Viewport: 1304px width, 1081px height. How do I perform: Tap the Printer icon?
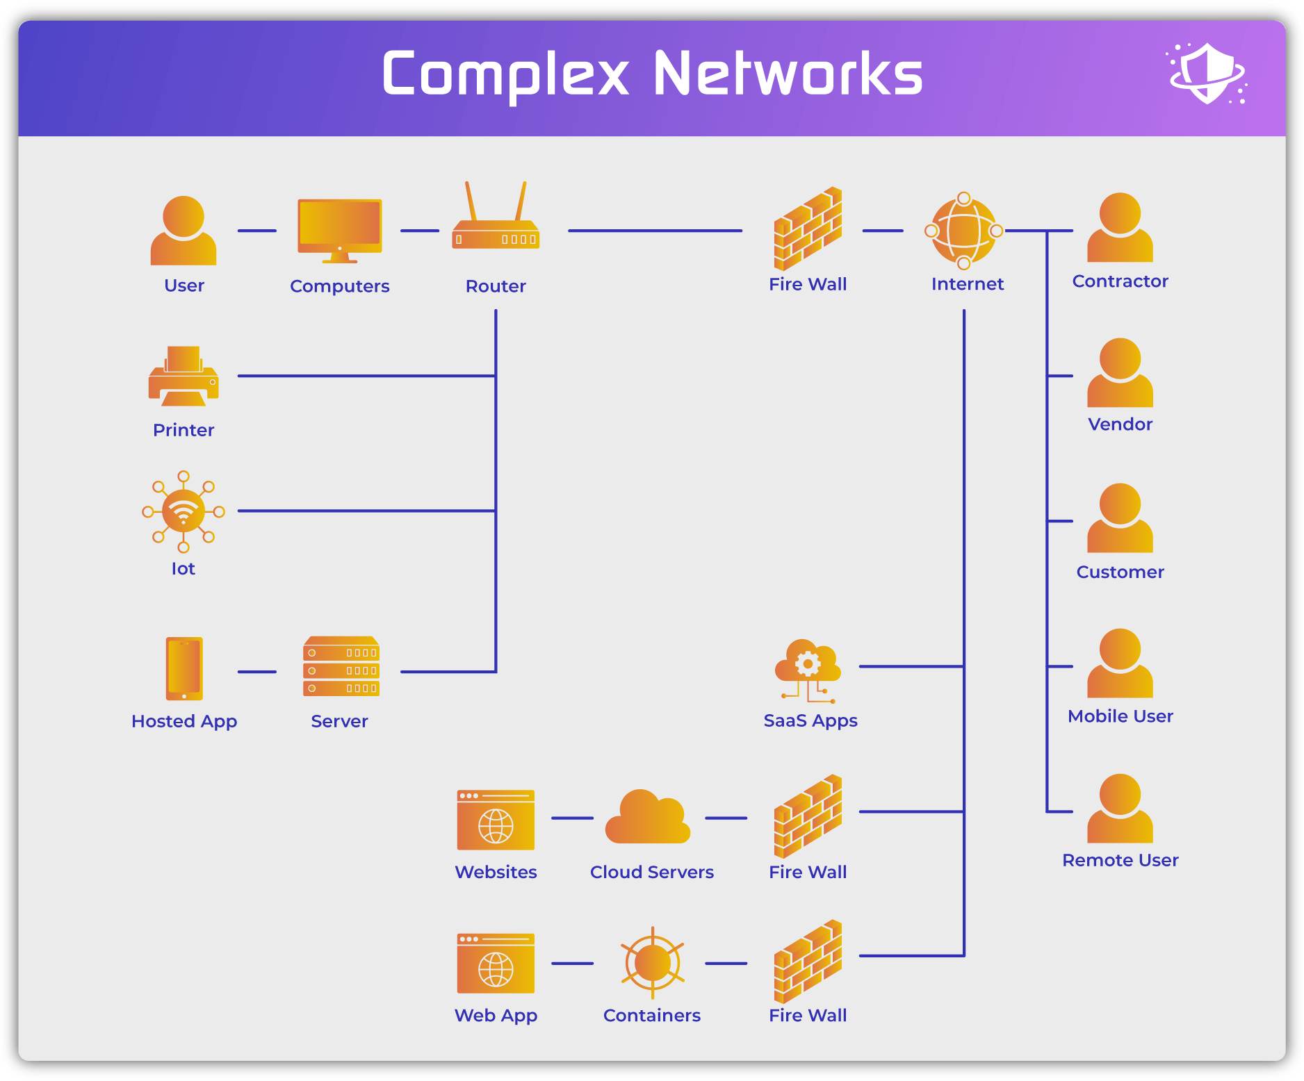(184, 377)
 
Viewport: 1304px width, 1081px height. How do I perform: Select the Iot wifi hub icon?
(184, 512)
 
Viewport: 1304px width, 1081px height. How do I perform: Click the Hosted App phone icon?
(184, 668)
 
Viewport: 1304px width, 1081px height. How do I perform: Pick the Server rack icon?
(341, 667)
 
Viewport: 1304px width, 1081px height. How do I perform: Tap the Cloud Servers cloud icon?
(648, 818)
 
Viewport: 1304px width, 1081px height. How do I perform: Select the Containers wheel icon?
(652, 963)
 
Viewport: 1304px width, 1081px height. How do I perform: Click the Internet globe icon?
(964, 231)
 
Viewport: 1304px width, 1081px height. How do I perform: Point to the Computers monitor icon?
(340, 229)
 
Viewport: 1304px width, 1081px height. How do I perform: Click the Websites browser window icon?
(496, 820)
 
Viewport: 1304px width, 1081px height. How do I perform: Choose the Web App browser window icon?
(496, 964)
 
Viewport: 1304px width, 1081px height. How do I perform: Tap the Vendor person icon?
(1120, 374)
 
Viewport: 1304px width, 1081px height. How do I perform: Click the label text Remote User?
(1120, 860)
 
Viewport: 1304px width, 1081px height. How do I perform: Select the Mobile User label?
(1120, 716)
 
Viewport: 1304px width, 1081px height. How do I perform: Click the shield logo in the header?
(1207, 74)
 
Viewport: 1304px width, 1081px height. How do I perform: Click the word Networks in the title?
(788, 74)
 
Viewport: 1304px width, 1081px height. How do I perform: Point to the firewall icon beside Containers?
(808, 962)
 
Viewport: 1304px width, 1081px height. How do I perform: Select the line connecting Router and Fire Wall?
(655, 231)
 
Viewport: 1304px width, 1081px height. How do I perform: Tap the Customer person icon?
(1120, 519)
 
